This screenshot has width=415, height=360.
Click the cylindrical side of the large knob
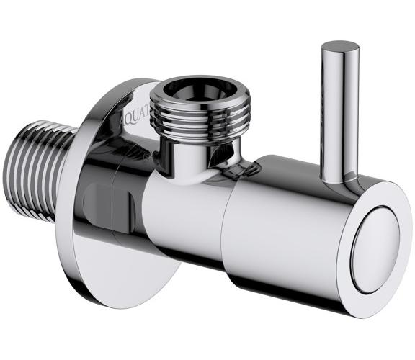(288, 230)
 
